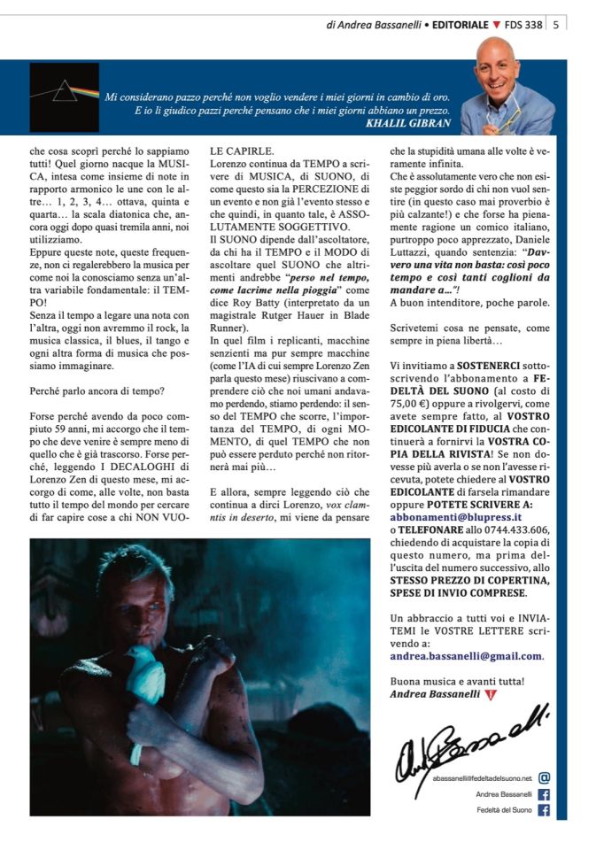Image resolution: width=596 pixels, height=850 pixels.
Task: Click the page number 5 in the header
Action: coord(555,25)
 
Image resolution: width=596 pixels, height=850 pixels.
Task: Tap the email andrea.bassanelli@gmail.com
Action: coord(466,656)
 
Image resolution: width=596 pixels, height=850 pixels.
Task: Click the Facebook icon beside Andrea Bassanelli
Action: coord(544,794)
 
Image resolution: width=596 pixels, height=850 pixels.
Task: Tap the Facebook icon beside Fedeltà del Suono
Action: coord(544,809)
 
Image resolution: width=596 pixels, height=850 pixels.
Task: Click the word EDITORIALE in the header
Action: coord(455,25)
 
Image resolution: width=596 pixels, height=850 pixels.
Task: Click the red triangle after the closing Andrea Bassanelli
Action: coord(490,694)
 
